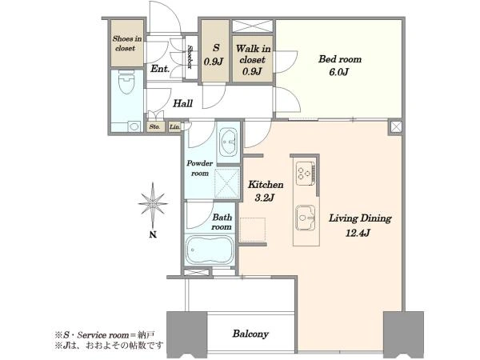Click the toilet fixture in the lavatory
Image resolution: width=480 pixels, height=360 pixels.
pos(126,82)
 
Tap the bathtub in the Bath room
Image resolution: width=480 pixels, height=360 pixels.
pos(210,250)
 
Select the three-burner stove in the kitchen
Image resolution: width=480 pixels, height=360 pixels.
pos(306,173)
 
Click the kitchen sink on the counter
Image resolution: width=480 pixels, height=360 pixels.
pos(306,218)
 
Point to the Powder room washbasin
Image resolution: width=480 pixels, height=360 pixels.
pos(228,142)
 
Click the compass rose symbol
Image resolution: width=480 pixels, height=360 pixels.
pos(153,203)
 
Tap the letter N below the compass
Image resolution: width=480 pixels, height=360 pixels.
pos(153,234)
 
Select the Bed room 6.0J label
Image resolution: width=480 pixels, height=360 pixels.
pos(340,66)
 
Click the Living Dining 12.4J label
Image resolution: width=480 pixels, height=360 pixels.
pos(360,226)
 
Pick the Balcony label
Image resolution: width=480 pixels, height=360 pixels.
pos(250,334)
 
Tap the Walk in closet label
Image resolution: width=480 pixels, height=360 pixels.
pos(253,60)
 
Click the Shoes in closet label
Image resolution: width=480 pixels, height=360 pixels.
pos(126,43)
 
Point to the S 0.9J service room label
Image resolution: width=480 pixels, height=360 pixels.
pos(215,54)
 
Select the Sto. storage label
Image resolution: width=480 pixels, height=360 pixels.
pos(154,126)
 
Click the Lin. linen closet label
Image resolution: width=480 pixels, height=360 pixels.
pos(174,126)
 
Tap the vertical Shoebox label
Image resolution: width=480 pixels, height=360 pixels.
pos(190,57)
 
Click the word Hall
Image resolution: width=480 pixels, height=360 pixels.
pos(182,103)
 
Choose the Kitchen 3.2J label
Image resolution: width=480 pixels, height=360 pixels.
pos(265,191)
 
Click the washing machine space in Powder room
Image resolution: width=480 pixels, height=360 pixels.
pos(227,183)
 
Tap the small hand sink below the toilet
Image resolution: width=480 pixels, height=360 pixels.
pos(134,126)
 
